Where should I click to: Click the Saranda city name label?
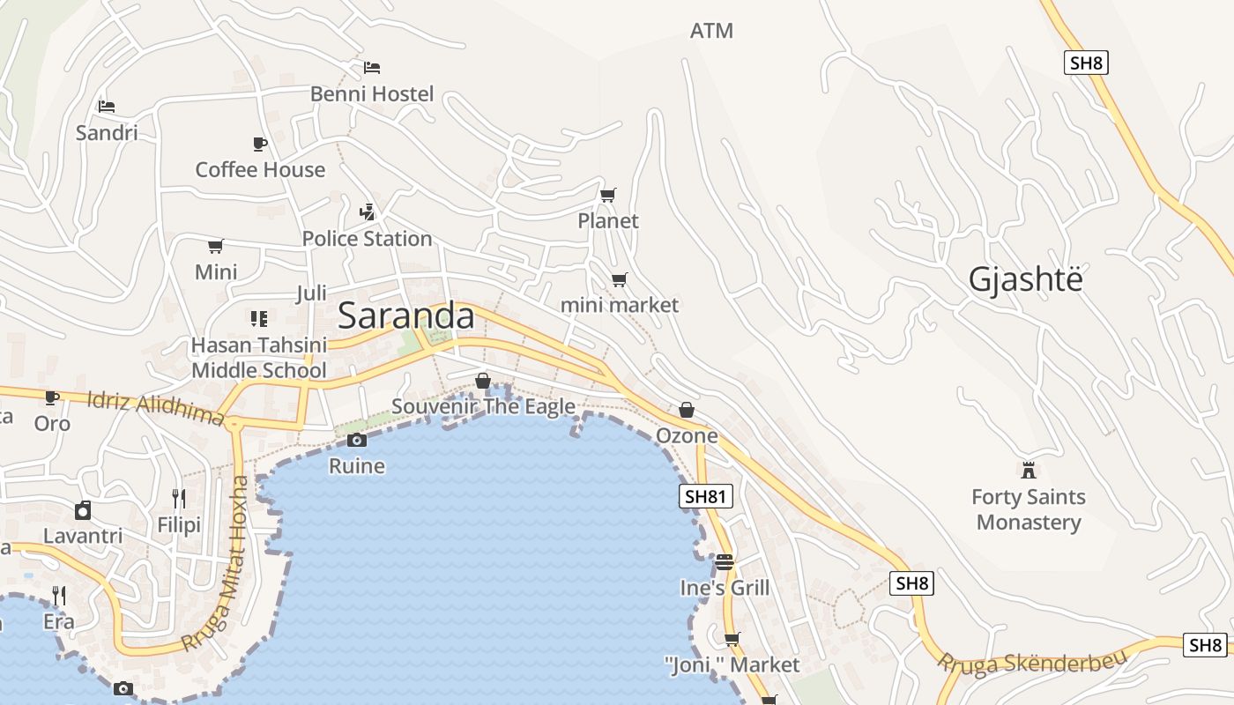(405, 315)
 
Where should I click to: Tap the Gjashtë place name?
(1025, 279)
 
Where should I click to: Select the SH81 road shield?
(707, 496)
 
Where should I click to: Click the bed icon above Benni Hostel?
(372, 68)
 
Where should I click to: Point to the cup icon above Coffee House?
(259, 144)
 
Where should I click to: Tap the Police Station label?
(367, 239)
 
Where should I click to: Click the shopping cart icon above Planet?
(607, 195)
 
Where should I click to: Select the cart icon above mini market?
(620, 280)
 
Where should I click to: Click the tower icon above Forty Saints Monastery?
(1028, 470)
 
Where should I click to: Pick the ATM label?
(711, 31)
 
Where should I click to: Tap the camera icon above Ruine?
(356, 440)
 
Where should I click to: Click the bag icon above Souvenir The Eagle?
(483, 381)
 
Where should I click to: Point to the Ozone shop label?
(687, 436)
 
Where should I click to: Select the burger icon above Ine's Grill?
(725, 561)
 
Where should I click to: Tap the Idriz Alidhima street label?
(155, 408)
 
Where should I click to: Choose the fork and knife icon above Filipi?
(179, 499)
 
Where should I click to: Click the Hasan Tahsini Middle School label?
(259, 358)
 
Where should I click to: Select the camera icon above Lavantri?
(83, 510)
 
